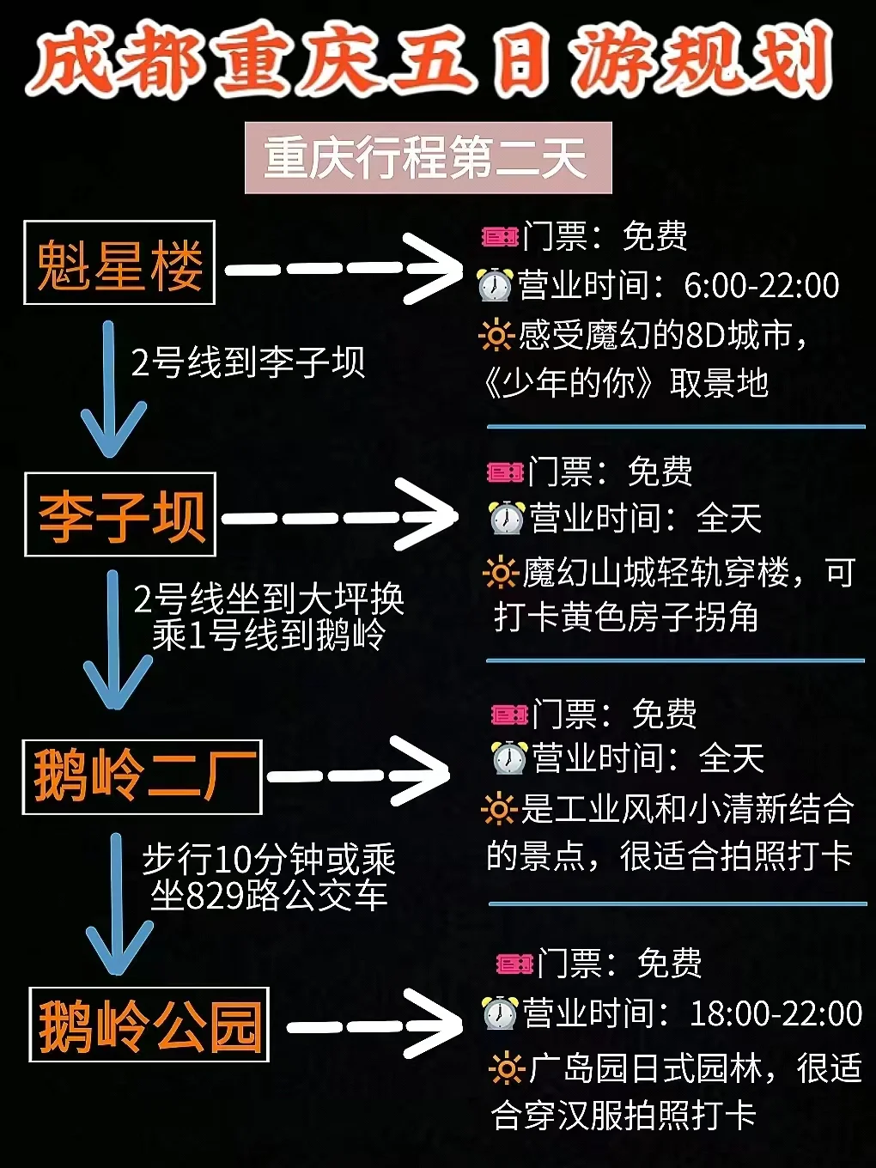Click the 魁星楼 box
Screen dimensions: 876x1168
[x=119, y=263]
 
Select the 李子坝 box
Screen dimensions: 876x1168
[x=119, y=514]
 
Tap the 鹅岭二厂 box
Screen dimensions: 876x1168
[x=142, y=776]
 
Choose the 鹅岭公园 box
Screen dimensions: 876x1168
[x=149, y=1025]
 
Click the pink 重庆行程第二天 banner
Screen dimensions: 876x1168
[x=428, y=158]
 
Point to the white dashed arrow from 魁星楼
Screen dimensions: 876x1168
[x=344, y=269]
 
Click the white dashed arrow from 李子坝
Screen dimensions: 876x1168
[x=340, y=517]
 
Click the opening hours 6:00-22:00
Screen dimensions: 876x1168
[x=761, y=286]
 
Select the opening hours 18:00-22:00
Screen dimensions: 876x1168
[x=776, y=1013]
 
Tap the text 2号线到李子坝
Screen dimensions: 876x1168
[x=248, y=362]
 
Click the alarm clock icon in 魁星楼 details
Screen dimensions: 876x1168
[x=495, y=285]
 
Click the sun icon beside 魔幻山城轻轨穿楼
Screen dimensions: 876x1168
[x=500, y=572]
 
